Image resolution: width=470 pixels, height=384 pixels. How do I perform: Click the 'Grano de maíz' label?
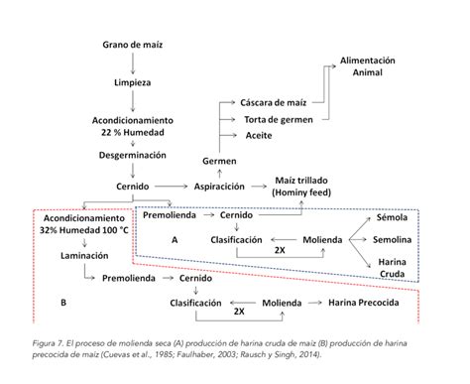[x=132, y=45]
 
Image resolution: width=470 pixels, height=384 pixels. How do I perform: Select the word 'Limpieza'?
[x=132, y=82]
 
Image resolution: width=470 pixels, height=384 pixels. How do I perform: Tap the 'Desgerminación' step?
[x=132, y=155]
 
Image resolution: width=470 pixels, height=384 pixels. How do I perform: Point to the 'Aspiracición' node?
[x=219, y=187]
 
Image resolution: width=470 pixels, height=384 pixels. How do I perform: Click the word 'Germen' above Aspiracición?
[x=219, y=161]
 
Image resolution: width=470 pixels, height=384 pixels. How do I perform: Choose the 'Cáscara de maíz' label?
[x=274, y=102]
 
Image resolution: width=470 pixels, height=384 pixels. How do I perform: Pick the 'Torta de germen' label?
[x=279, y=120]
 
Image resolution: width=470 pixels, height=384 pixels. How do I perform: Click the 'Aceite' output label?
[x=259, y=136]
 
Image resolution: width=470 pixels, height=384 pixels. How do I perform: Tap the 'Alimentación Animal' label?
[x=368, y=66]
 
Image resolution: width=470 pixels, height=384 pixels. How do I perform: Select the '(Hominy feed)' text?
[x=301, y=192]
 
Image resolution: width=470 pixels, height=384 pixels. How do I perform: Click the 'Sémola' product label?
[x=392, y=217]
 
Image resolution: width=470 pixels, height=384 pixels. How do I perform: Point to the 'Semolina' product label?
[x=393, y=240]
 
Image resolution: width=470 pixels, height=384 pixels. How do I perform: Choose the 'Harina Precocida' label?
[x=364, y=303]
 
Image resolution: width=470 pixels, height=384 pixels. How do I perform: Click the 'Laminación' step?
[x=84, y=256]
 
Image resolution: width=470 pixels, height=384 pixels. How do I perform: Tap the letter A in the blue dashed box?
[x=175, y=240]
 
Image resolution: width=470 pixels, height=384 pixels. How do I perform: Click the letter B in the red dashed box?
[x=63, y=303]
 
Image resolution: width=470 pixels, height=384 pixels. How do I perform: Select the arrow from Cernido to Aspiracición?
[x=172, y=187]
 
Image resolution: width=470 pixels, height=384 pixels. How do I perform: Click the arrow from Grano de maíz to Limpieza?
[x=133, y=64]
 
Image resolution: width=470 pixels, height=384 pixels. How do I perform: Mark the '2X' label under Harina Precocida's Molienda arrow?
[x=239, y=312]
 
